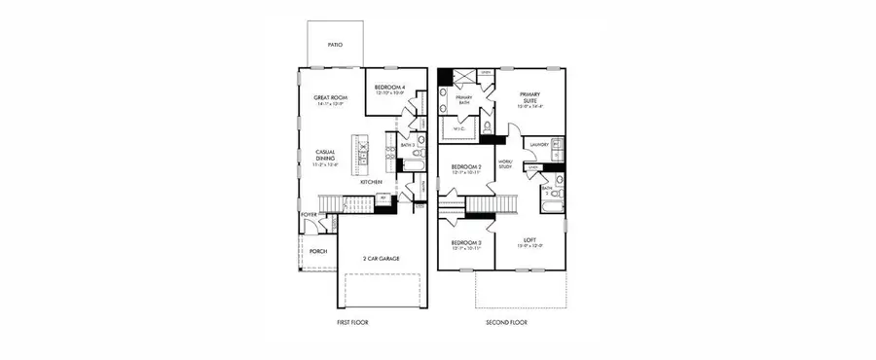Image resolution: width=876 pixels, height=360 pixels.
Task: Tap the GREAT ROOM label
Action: coord(331,97)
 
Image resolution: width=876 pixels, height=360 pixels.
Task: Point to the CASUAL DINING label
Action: coord(324,157)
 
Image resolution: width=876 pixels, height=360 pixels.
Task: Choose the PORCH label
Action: coord(318,251)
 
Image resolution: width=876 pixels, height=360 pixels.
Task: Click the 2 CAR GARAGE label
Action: coord(383,258)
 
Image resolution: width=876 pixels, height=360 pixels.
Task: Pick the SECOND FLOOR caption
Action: coord(506,322)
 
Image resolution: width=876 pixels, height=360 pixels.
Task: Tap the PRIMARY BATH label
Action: coord(463,96)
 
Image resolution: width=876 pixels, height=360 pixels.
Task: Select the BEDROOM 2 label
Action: coord(466,167)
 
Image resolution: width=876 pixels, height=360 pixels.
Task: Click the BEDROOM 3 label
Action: coord(466,243)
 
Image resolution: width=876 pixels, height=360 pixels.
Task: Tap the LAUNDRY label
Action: coord(535,143)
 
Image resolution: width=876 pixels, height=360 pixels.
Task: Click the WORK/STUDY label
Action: coord(505,163)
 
